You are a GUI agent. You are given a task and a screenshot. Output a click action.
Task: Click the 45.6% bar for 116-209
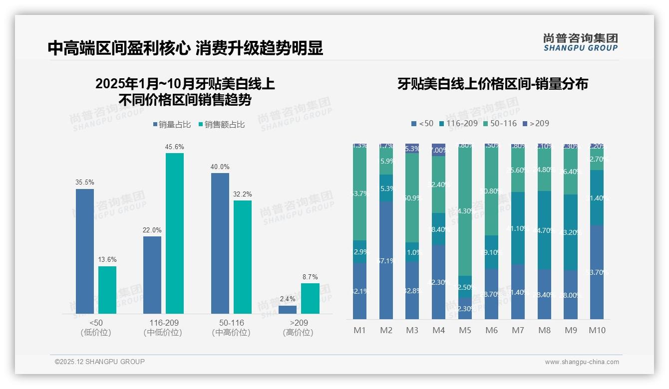[x=175, y=233]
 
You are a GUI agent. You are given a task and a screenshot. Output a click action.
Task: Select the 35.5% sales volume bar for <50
[x=85, y=251]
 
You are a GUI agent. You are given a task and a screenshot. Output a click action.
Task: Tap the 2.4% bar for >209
[x=288, y=310]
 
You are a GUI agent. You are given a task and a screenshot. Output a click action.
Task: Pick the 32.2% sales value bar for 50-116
[x=243, y=257]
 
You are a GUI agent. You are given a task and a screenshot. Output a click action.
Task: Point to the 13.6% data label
[x=107, y=260]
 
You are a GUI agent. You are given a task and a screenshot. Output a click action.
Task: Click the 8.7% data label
[x=310, y=277]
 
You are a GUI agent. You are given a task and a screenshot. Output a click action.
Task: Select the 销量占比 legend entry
[x=171, y=125]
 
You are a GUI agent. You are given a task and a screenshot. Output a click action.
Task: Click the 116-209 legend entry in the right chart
[x=458, y=123]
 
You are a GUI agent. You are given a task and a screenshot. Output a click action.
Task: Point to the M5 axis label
[x=465, y=330]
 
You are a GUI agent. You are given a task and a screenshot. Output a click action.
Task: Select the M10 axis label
[x=597, y=330]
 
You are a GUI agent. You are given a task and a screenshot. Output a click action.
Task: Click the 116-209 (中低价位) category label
[x=163, y=328]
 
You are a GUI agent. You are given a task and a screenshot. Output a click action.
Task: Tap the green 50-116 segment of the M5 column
[x=465, y=209]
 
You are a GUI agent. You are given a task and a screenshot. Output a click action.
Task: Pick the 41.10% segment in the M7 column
[x=518, y=228]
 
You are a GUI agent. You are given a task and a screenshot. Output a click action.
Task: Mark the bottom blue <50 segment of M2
[x=386, y=260]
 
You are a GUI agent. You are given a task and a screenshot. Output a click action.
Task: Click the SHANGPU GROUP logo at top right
[x=581, y=42]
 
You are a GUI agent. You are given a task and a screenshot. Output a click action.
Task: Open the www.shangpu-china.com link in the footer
[x=582, y=362]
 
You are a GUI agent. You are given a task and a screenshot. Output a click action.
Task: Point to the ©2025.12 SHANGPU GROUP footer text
[x=100, y=362]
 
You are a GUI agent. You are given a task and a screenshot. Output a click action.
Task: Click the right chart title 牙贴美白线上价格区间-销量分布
[x=492, y=84]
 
